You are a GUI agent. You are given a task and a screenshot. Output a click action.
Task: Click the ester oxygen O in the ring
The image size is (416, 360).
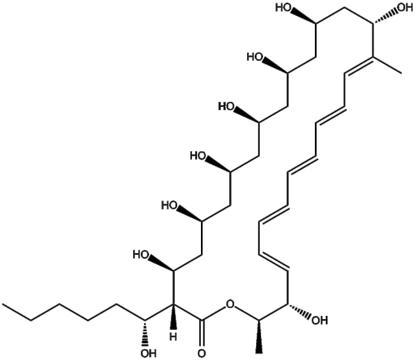tap(230, 304)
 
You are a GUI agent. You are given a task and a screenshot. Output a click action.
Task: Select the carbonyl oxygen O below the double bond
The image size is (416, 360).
tap(202, 354)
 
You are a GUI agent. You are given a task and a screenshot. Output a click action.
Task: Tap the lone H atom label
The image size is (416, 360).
tap(173, 338)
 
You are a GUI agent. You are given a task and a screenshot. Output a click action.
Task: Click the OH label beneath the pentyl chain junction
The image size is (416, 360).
tap(148, 354)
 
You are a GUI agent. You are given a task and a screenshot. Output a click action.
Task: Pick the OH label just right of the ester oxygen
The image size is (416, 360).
tap(320, 321)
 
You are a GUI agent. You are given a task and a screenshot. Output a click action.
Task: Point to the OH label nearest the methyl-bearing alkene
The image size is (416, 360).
tap(405, 8)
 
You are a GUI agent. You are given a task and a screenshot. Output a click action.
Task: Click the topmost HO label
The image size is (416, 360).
tap(284, 8)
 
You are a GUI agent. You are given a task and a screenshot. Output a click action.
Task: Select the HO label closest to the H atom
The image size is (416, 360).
tap(141, 255)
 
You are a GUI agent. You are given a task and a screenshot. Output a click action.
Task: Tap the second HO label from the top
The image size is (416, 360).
tap(255, 57)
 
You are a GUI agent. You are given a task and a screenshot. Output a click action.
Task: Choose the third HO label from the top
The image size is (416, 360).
tap(227, 106)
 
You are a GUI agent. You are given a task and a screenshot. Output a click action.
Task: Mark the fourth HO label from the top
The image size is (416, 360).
tap(198, 156)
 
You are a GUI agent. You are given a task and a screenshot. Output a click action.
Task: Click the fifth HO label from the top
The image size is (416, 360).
tap(170, 206)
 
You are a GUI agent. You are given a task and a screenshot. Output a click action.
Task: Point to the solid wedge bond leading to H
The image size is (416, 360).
tap(173, 318)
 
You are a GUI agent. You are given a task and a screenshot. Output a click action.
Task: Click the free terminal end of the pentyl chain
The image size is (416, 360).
tap(3, 304)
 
